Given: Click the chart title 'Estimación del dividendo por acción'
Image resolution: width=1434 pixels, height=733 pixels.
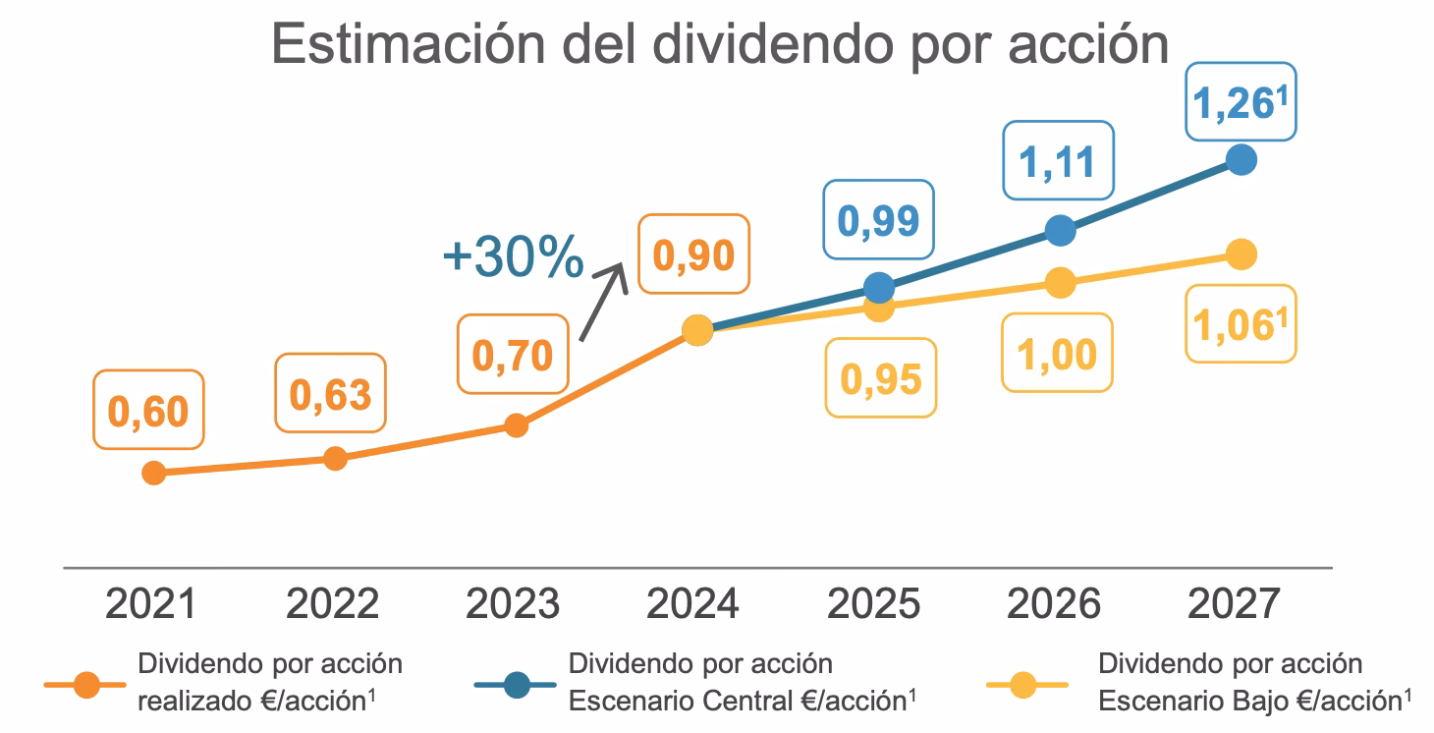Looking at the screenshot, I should pos(720,44).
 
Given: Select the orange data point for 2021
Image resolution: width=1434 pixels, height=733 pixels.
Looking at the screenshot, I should pos(153,473).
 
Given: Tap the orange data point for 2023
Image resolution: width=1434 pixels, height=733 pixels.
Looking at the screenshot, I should pos(517,424).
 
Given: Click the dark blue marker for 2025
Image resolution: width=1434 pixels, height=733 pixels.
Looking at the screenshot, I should pos(879,287).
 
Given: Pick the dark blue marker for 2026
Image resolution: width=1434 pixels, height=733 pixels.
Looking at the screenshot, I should pos(1059,230).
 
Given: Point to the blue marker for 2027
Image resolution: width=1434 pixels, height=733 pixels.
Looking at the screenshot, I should pos(1241,159).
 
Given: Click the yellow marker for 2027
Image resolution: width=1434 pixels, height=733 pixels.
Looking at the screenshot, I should pos(1241,254).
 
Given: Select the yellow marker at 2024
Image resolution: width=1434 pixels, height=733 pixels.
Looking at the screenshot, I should pos(696,331).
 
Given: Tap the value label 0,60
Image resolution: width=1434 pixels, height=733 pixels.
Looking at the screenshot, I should pos(147,412).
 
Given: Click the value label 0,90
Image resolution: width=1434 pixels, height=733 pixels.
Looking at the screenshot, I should pos(693,255).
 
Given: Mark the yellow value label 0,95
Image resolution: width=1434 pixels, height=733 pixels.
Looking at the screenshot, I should pos(881,377).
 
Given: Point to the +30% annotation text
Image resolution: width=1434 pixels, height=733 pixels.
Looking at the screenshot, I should pos(513,257).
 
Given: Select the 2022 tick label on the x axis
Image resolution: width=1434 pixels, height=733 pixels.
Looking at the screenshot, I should pos(332,604).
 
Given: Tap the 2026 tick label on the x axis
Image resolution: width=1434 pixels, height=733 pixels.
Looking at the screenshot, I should pos(1054,604).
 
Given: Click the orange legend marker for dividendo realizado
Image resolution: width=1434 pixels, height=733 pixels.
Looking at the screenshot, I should pos(87,685).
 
